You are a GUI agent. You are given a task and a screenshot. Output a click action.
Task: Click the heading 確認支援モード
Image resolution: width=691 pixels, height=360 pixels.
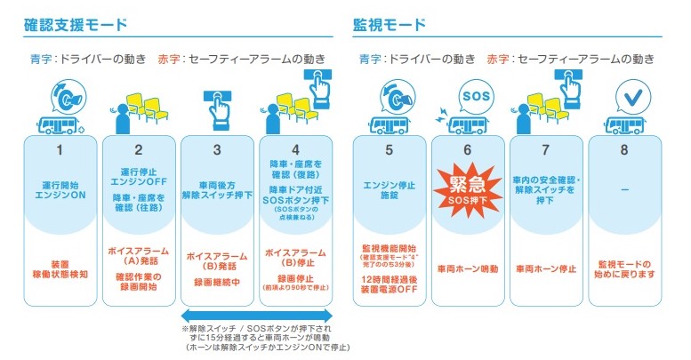76,24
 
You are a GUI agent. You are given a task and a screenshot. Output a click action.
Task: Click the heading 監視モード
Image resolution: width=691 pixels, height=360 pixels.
390,24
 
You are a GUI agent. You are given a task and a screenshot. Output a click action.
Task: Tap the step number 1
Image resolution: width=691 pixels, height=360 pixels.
60,150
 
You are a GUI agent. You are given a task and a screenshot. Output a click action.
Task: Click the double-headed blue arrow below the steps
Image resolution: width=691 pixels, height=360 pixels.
256,316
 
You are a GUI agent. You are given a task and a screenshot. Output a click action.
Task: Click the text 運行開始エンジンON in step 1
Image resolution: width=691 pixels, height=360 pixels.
60,190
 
